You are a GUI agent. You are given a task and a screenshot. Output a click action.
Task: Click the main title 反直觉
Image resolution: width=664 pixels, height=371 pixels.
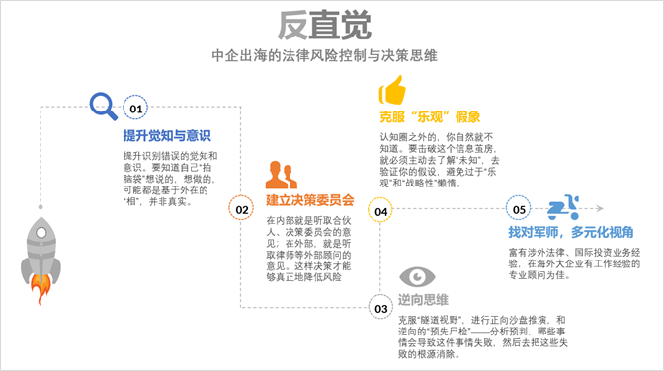click(x=324, y=26)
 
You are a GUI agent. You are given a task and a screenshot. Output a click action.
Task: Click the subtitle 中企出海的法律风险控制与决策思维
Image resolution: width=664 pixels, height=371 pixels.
click(x=324, y=55)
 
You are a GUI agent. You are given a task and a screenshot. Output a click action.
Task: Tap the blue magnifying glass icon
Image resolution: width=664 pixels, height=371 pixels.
click(x=103, y=106)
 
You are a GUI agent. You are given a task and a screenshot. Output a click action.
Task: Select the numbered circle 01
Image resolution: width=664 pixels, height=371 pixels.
click(x=135, y=108)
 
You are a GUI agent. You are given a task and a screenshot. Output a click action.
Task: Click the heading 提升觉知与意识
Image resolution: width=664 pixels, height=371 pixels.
click(x=167, y=136)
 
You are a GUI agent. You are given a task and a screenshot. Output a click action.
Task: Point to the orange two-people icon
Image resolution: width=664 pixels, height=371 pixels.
click(x=282, y=175)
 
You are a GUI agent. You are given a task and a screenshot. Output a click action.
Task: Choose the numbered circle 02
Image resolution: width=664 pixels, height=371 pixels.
click(x=241, y=209)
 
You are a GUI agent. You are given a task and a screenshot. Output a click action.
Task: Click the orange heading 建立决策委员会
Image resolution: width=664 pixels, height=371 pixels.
click(x=310, y=200)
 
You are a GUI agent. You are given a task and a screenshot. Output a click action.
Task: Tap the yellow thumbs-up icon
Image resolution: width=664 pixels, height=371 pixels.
click(x=392, y=90)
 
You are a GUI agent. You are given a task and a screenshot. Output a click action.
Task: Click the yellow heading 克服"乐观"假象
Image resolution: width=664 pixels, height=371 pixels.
click(x=430, y=116)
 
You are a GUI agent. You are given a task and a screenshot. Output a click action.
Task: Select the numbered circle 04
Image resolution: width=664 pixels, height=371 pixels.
click(x=380, y=211)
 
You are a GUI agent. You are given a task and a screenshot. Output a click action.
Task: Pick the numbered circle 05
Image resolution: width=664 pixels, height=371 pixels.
click(x=519, y=208)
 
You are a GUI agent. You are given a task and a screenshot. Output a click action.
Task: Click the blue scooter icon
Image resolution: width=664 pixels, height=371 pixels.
click(x=563, y=207)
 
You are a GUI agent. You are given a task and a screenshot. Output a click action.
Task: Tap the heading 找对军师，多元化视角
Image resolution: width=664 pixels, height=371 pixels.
click(x=571, y=232)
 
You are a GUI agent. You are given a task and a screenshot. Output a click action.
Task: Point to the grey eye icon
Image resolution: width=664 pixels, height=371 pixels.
click(x=417, y=276)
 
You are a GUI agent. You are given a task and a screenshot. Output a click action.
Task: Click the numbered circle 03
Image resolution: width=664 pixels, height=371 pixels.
click(x=380, y=308)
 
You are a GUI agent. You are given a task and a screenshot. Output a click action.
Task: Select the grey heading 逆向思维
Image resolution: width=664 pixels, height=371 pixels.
click(x=423, y=300)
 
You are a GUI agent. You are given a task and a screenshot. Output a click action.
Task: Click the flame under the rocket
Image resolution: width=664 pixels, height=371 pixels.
click(x=41, y=289)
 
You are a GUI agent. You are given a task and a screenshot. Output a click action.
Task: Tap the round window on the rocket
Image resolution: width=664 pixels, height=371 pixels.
click(x=41, y=232)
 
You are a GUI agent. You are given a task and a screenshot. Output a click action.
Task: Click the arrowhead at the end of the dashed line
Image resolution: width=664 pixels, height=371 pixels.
click(x=599, y=208)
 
